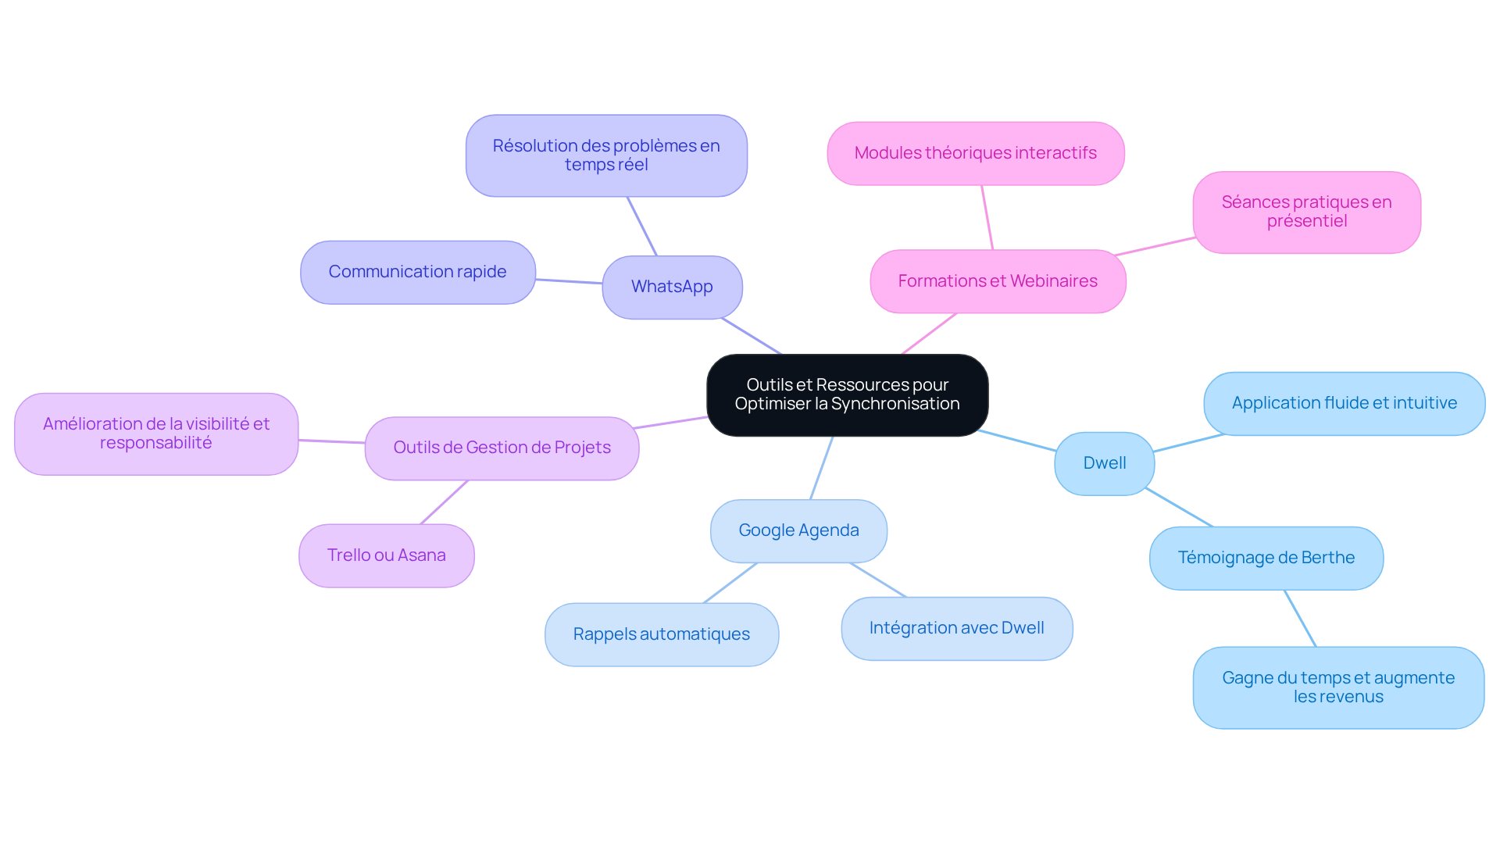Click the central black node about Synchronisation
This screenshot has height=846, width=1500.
pyautogui.click(x=847, y=395)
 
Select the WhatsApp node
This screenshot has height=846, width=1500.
pyautogui.click(x=672, y=287)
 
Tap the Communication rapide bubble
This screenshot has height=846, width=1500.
pyautogui.click(x=418, y=273)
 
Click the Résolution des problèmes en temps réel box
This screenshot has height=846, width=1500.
pyautogui.click(x=606, y=156)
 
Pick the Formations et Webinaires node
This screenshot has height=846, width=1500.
pyautogui.click(x=998, y=281)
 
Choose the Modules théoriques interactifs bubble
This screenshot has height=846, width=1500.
pyautogui.click(x=976, y=153)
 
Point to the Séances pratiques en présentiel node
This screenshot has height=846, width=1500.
pyautogui.click(x=1307, y=212)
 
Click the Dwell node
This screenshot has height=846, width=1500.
pyautogui.click(x=1105, y=464)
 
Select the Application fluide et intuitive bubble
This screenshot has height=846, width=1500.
pyautogui.click(x=1345, y=404)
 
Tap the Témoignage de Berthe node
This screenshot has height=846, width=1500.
pyautogui.click(x=1266, y=559)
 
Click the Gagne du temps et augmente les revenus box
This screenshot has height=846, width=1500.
pyautogui.click(x=1338, y=688)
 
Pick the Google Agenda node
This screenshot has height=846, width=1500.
pyautogui.click(x=798, y=531)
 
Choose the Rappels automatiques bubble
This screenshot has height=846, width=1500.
pyautogui.click(x=662, y=635)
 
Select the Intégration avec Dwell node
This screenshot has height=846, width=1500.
pyautogui.click(x=957, y=629)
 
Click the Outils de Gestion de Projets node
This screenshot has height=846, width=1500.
pyautogui.click(x=502, y=448)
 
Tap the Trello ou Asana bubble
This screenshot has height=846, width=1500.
pyautogui.click(x=387, y=556)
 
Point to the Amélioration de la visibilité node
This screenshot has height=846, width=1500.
pyautogui.click(x=156, y=434)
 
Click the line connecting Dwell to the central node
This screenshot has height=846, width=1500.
pyautogui.click(x=1016, y=441)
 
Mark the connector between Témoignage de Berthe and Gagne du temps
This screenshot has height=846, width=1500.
pyautogui.click(x=1300, y=619)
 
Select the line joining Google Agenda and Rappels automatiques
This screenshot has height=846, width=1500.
pyautogui.click(x=730, y=583)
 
